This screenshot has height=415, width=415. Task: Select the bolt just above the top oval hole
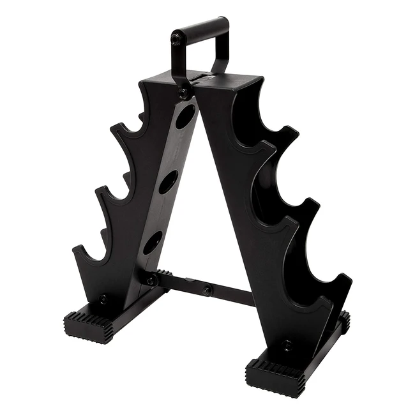click(183, 94)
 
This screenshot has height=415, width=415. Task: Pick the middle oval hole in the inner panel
click(169, 182)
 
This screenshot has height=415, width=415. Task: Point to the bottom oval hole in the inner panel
click(153, 243)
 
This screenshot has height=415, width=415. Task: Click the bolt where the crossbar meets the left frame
click(151, 280)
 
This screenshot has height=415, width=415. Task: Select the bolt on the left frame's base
click(103, 299)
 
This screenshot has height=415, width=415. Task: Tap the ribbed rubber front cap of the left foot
click(88, 328)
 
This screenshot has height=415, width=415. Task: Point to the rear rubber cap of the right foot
click(345, 322)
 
